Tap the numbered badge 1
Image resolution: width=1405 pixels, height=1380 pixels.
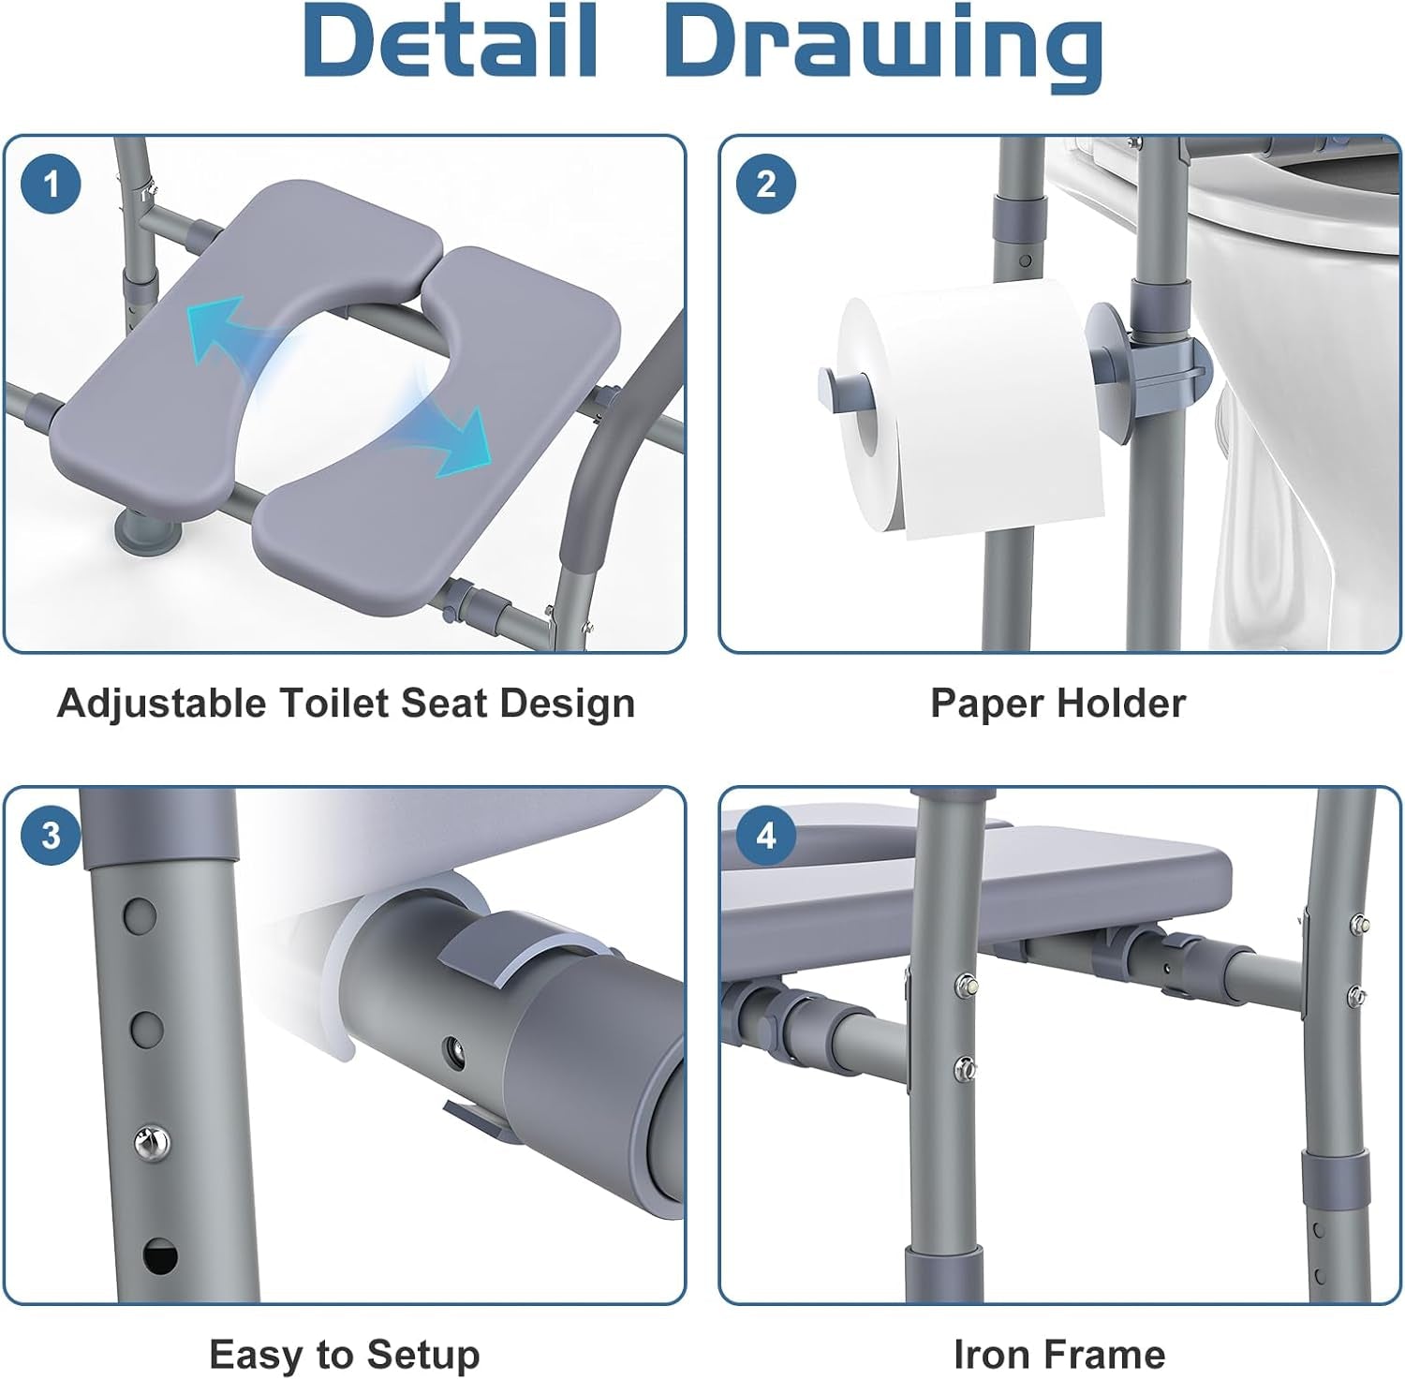click(51, 184)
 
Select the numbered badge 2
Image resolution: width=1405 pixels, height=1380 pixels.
click(765, 184)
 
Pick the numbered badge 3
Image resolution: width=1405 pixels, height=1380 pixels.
click(51, 835)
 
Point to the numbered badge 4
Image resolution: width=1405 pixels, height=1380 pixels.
click(765, 835)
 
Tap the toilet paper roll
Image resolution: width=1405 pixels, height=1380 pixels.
click(974, 412)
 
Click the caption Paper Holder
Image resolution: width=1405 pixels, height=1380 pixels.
click(1057, 703)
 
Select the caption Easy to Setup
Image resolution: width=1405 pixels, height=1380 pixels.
click(344, 1354)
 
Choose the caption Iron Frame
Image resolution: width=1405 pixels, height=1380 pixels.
click(1058, 1354)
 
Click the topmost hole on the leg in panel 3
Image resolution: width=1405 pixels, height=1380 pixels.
click(140, 914)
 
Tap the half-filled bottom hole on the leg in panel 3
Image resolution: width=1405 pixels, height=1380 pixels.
click(159, 1255)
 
